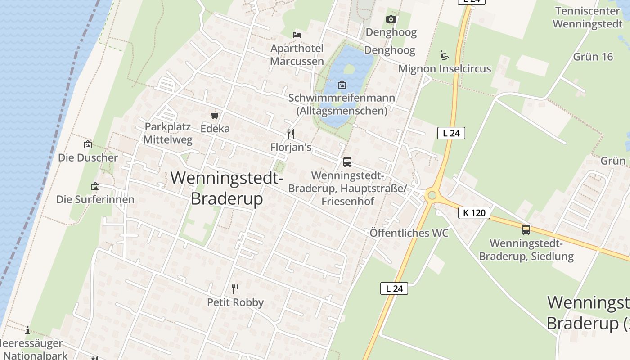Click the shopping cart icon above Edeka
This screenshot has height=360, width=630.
tap(215, 116)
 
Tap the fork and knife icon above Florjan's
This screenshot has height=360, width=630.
tap(291, 134)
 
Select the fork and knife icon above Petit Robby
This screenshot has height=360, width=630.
tap(235, 288)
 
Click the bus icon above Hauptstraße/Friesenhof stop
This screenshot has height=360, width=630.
tap(347, 162)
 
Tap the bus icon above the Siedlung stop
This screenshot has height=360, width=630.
tap(526, 230)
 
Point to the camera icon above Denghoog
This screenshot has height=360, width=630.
tap(391, 19)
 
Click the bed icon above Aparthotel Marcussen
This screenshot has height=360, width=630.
tap(297, 35)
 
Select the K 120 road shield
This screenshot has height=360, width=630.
tap(474, 212)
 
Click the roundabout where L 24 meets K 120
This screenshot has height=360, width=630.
tap(432, 195)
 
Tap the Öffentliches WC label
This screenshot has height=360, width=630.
tap(409, 233)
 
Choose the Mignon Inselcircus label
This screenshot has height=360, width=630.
tap(445, 69)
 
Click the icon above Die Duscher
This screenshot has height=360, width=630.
tap(88, 144)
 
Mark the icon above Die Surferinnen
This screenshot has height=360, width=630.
tap(95, 186)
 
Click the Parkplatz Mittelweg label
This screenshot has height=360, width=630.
tap(168, 133)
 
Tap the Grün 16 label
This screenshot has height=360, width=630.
tap(593, 57)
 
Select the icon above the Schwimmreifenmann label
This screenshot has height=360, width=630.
tap(342, 84)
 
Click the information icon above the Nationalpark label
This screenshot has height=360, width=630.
tap(27, 330)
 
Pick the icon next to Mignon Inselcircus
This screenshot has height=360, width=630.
tap(445, 55)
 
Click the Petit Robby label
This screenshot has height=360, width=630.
tap(235, 302)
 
